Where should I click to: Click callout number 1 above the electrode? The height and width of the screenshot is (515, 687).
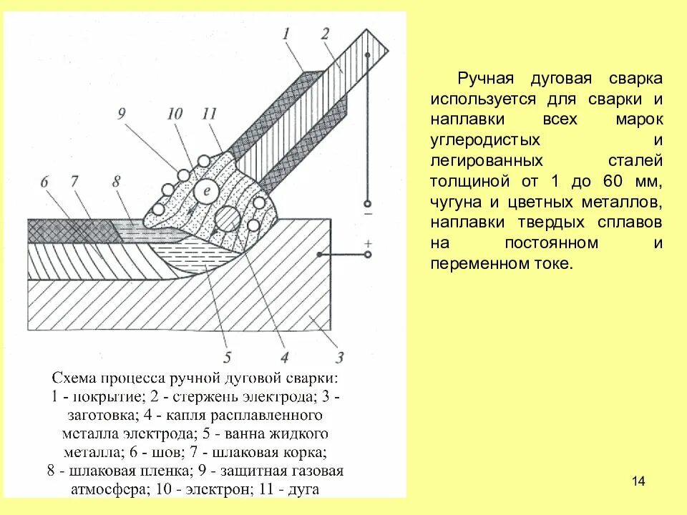[x=286, y=32]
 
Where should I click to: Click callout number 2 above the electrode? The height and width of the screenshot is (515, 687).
[x=325, y=32]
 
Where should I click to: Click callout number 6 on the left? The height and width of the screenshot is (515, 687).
[x=44, y=182]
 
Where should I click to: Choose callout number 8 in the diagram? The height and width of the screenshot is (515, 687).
[x=117, y=182]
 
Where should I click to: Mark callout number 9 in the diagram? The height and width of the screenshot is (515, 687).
[x=121, y=114]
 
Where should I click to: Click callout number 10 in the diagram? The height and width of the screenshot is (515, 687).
[x=175, y=114]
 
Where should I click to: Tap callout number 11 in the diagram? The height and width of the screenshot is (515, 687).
[x=209, y=114]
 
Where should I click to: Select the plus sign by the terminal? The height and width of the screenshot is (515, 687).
[x=368, y=243]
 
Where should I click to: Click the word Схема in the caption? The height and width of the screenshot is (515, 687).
[x=73, y=377]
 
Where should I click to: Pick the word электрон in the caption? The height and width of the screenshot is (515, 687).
[x=213, y=490]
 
